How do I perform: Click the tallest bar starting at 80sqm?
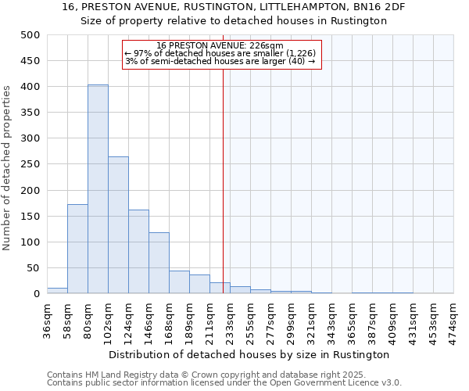(98, 189)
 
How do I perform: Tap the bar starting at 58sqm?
(77, 249)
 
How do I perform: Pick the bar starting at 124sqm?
(138, 251)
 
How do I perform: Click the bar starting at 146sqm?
(159, 263)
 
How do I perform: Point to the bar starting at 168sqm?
(179, 282)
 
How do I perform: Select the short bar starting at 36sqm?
(57, 290)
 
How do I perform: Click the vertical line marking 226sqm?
(223, 180)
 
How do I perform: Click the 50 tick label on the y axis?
(33, 268)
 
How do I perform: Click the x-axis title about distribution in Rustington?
(249, 354)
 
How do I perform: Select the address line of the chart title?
(234, 7)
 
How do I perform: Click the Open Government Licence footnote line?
(224, 383)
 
